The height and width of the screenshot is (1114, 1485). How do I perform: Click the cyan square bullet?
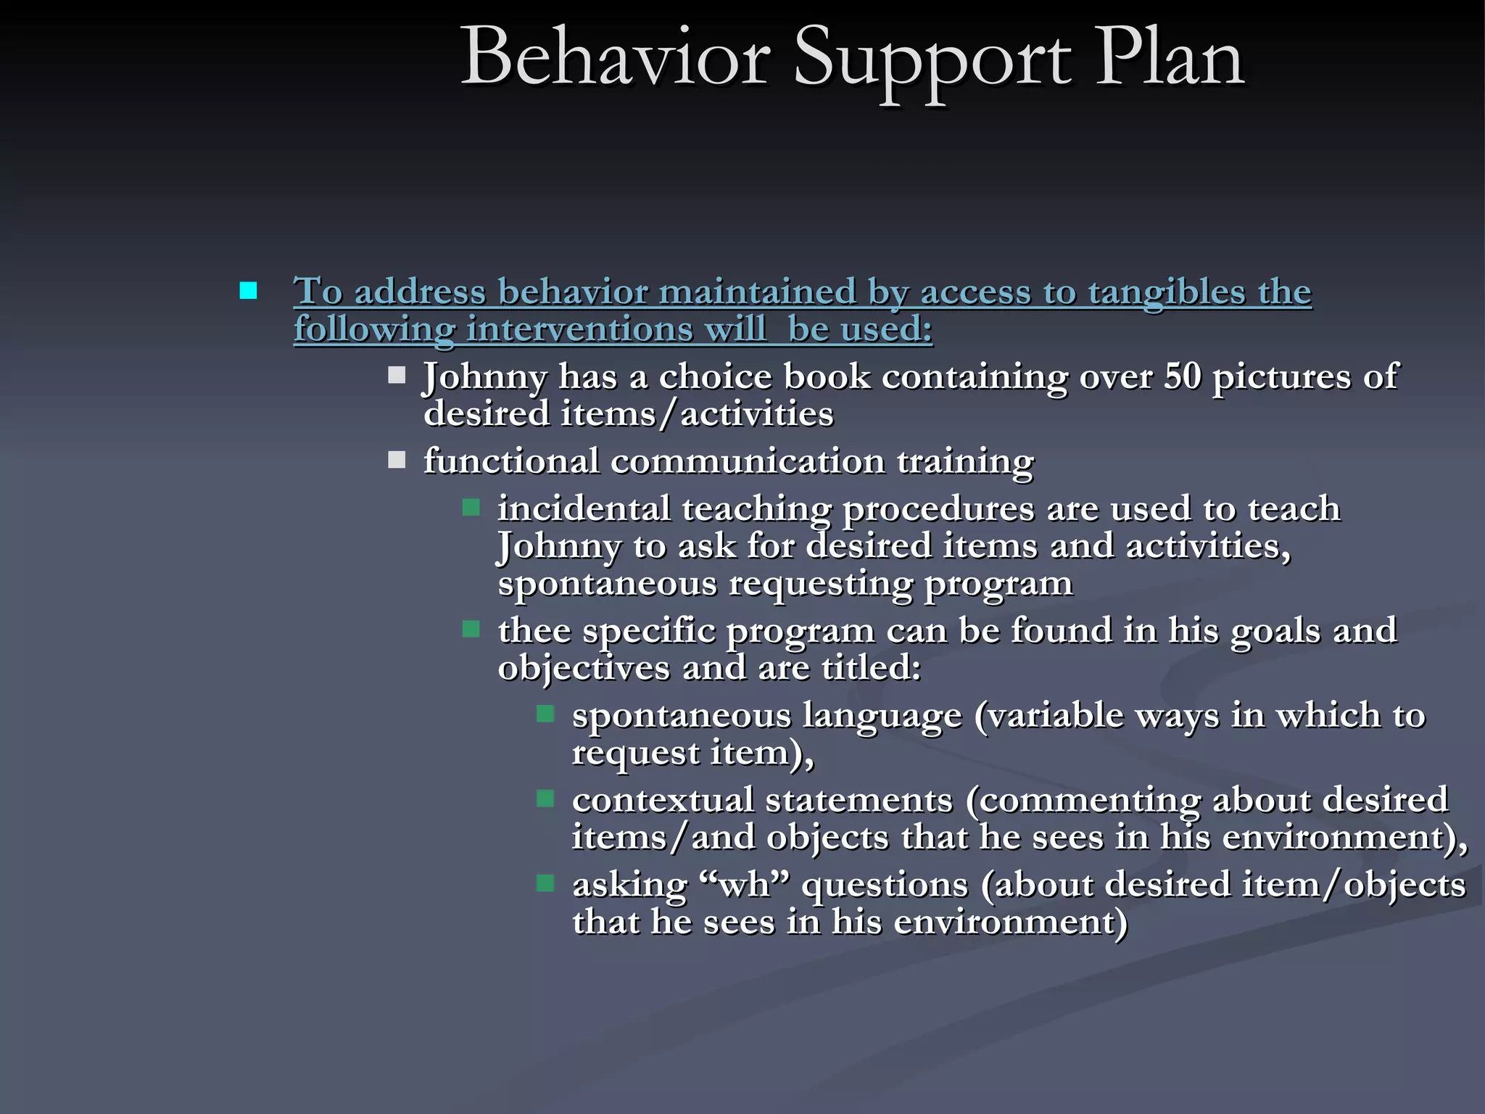[x=248, y=291]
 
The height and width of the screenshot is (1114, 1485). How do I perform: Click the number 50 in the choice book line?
[x=1182, y=376]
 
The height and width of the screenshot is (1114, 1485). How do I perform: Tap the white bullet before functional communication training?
[x=397, y=460]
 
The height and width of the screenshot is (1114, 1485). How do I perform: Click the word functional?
[x=511, y=461]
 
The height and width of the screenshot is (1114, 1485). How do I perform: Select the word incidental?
[x=584, y=508]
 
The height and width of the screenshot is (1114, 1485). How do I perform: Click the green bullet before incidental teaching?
[x=471, y=507]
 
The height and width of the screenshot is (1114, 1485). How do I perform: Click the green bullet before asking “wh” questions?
[x=545, y=883]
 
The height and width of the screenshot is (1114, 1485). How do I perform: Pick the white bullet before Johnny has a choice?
[x=397, y=375]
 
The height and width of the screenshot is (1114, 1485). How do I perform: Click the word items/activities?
[x=697, y=414]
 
